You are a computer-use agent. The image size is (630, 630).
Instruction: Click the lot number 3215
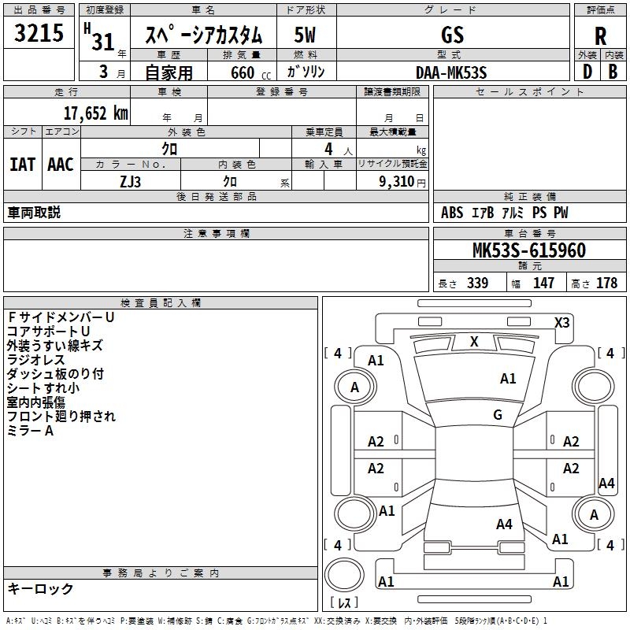coord(39,34)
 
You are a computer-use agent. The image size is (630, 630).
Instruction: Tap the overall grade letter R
coord(600,35)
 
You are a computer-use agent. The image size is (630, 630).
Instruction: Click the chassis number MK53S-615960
coord(528,251)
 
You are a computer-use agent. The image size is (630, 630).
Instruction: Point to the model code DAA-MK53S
coord(451,72)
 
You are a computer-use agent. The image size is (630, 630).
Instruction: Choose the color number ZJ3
coord(131,181)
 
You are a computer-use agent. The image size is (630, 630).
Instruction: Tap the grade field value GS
coord(453,35)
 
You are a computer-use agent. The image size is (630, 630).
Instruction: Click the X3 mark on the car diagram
coord(562,322)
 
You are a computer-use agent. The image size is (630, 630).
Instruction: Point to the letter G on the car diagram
coord(498,415)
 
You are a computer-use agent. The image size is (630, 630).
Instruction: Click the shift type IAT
coord(22,164)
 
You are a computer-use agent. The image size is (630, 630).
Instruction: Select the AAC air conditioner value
coord(60,164)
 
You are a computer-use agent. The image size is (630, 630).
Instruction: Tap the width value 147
coord(543,283)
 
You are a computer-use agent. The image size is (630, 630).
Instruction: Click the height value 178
coord(606,283)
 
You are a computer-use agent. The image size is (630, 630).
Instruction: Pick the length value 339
coord(477,283)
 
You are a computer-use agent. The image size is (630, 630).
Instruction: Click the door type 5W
coord(306,35)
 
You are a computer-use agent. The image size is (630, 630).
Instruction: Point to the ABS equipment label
coord(452,213)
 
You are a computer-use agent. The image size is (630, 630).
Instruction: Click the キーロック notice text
coord(40,588)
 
